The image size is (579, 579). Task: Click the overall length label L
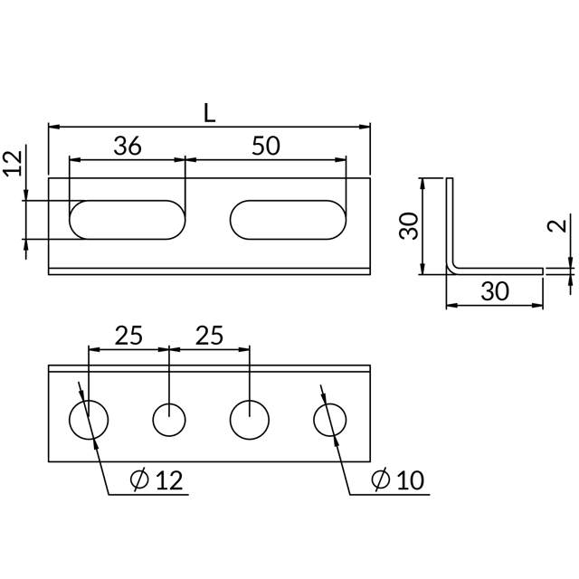point(209,113)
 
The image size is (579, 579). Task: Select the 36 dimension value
point(128,147)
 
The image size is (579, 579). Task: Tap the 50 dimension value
point(266,147)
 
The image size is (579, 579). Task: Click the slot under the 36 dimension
point(128,220)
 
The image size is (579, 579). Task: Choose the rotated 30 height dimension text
point(409,226)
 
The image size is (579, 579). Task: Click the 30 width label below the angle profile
point(494,291)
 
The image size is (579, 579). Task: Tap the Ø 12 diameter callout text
point(157,480)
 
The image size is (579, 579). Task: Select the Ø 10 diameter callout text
point(398,480)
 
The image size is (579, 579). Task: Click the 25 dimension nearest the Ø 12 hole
point(128,336)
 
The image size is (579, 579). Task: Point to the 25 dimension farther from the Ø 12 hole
point(209,336)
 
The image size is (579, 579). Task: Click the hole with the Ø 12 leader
point(89,421)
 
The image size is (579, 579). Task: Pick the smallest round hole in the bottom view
point(169,421)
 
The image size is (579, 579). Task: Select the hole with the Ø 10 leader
point(330,421)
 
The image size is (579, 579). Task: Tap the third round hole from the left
point(249,421)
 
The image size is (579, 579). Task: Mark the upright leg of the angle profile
point(449,222)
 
